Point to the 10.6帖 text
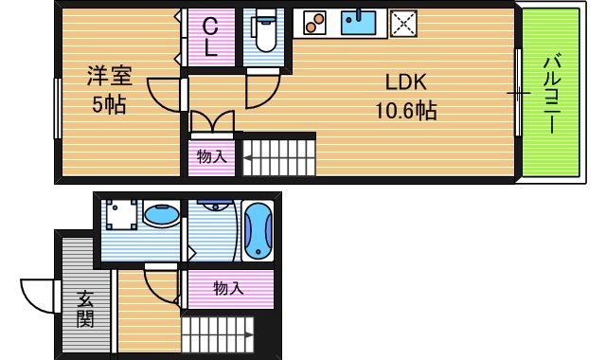click(404, 110)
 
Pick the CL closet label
click(211, 39)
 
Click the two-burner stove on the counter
click(315, 22)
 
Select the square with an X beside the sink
click(405, 23)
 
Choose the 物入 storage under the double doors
click(211, 156)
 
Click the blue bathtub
click(257, 230)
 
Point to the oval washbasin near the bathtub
click(161, 216)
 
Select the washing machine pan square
click(120, 217)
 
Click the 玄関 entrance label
click(85, 308)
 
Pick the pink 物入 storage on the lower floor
click(227, 288)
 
